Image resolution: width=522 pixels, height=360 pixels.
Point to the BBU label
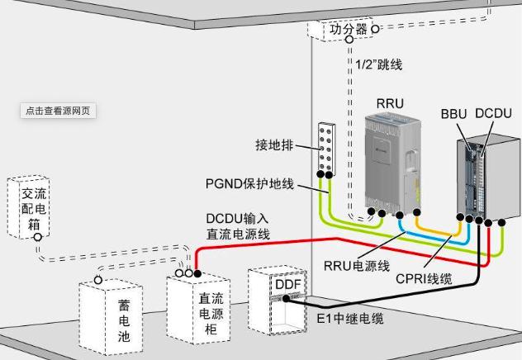coord(454,113)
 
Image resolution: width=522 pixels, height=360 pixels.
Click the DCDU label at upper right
coord(494,113)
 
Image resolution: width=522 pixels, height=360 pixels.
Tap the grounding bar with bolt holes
coord(326,149)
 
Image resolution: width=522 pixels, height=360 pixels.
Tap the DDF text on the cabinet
coord(287,284)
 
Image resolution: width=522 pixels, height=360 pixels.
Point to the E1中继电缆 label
coord(351,317)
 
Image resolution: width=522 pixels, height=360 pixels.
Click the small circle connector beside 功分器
coord(374,28)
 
